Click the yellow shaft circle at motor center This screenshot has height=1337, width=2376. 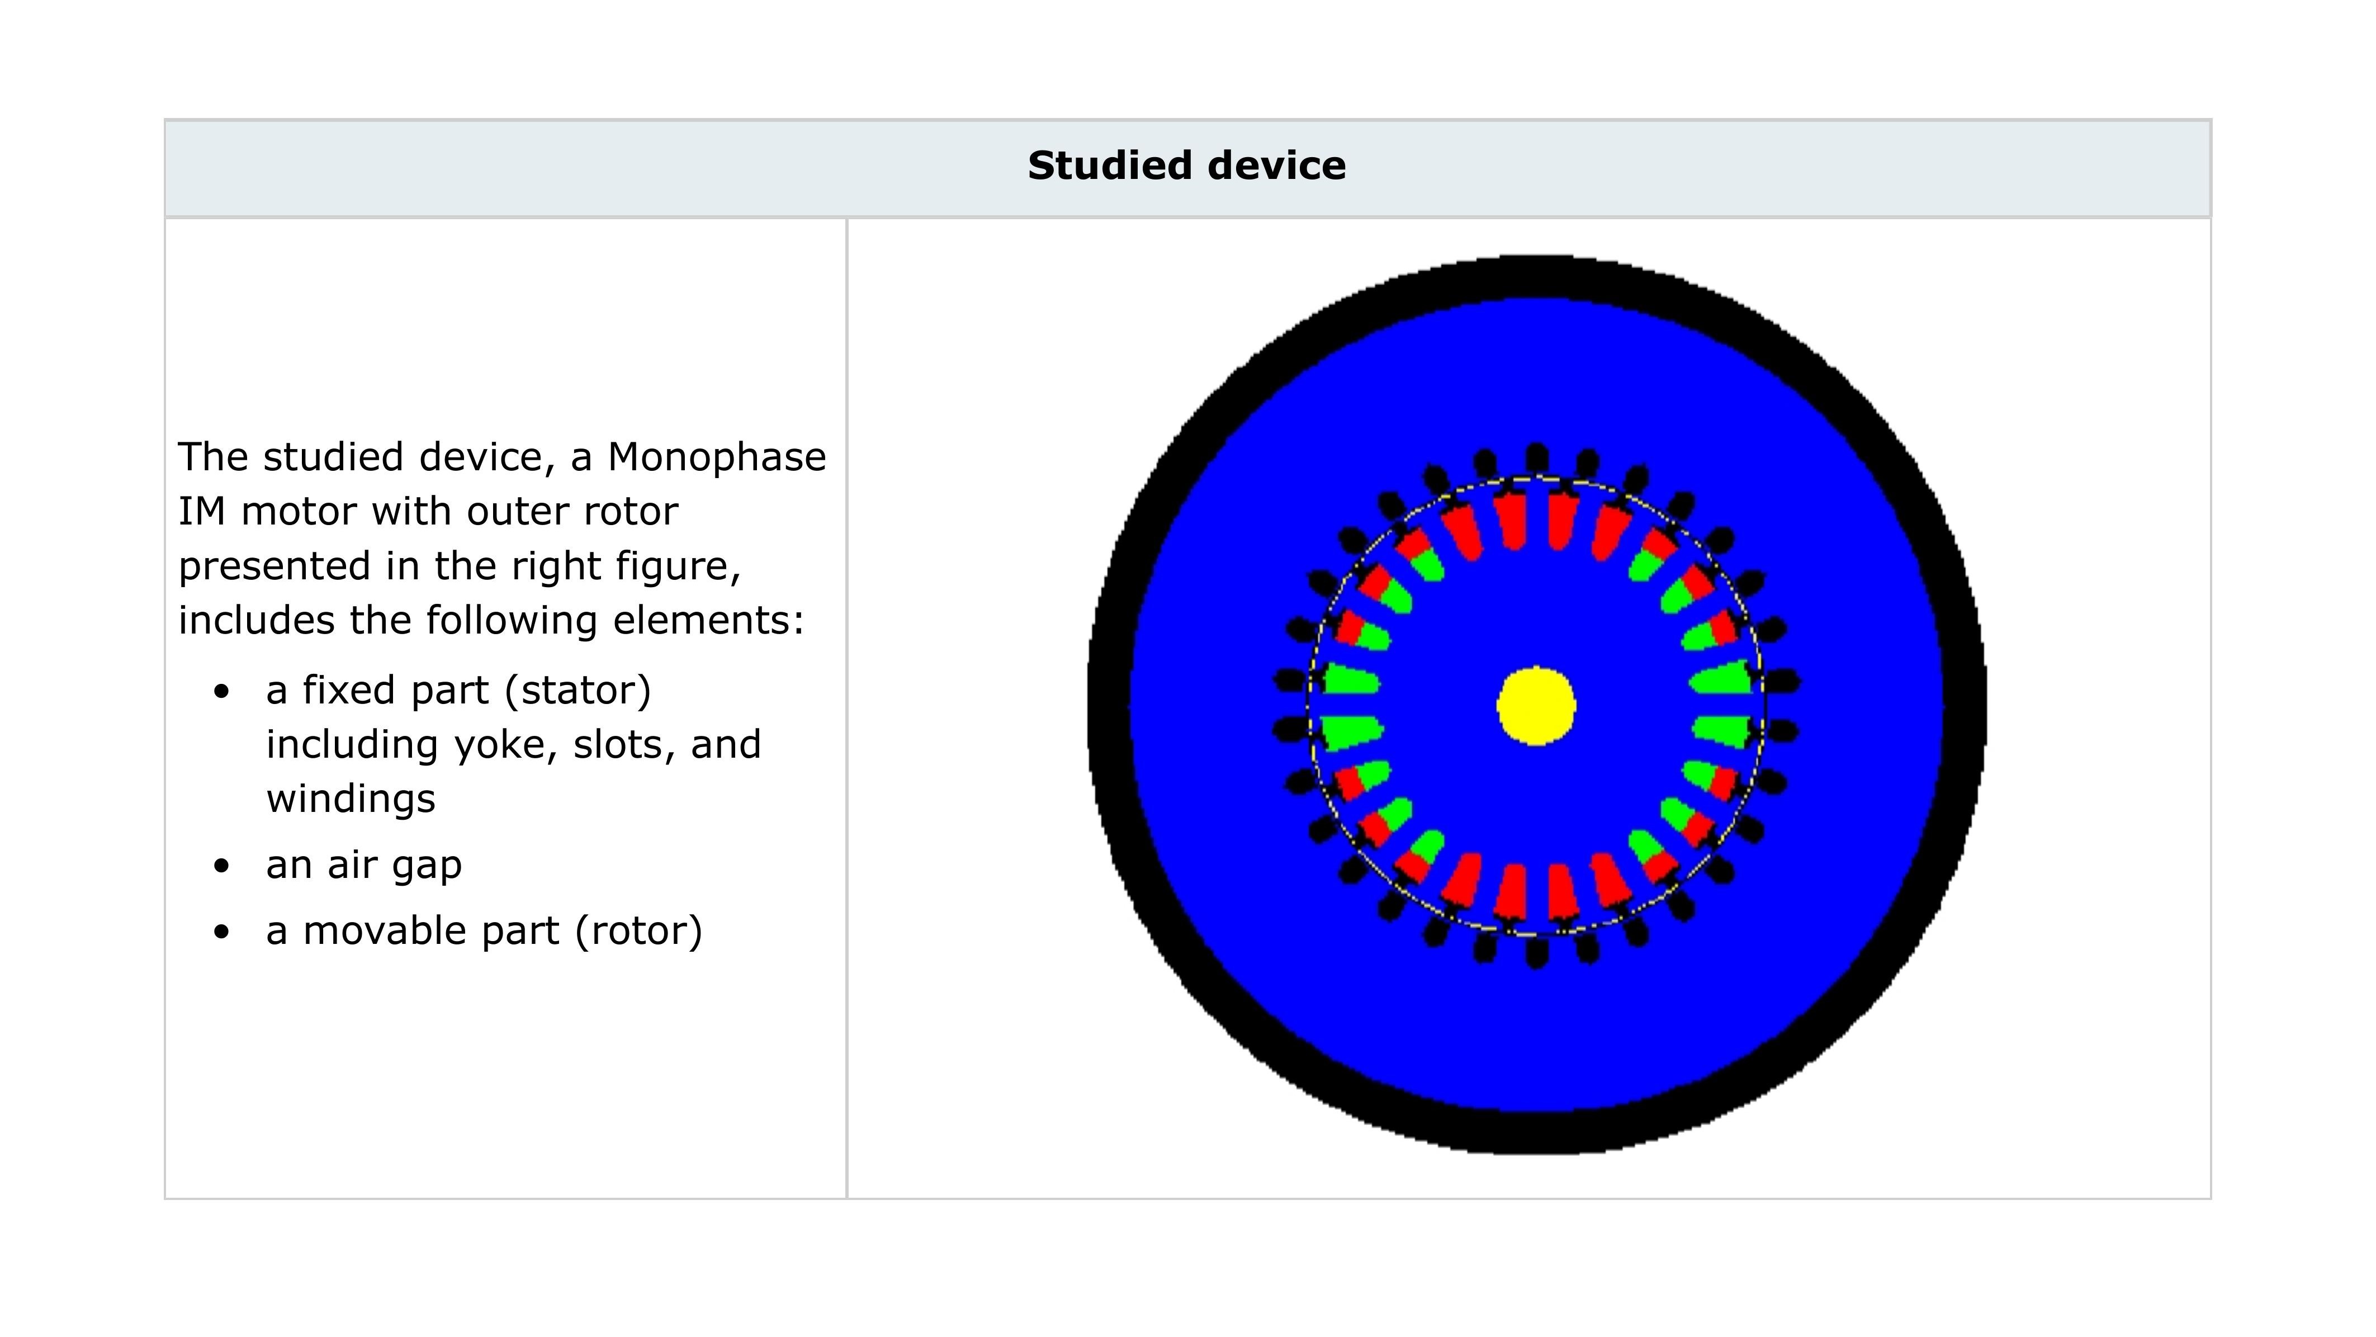[1536, 706]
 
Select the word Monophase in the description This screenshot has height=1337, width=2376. [717, 457]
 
